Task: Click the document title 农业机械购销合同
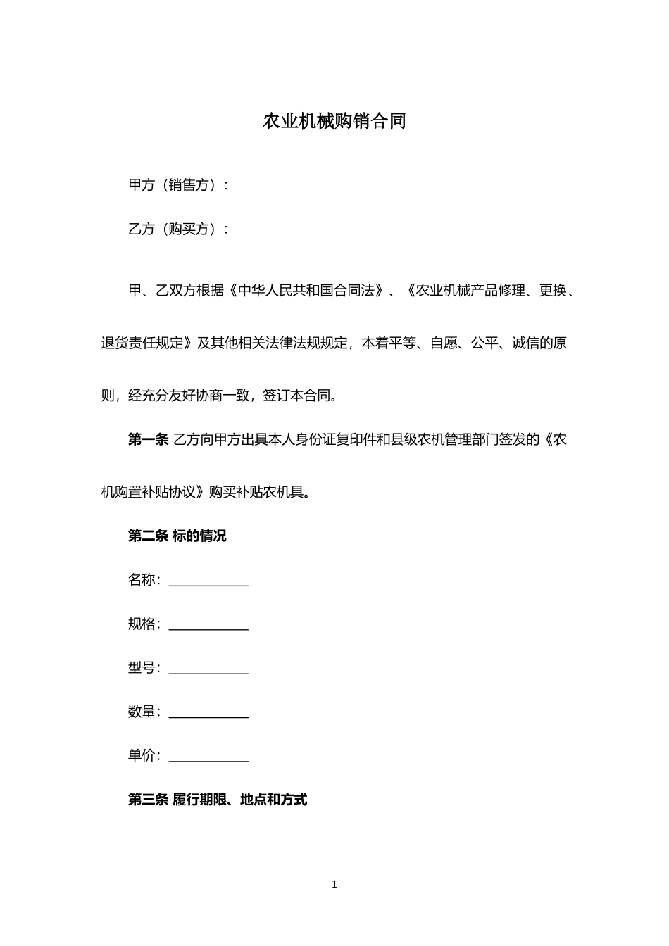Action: tap(334, 121)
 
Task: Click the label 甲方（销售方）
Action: tap(178, 185)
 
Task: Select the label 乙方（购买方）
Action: tap(178, 229)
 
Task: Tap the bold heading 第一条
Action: tap(148, 440)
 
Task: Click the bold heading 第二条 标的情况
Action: tap(177, 536)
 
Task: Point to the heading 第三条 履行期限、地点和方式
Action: tap(218, 800)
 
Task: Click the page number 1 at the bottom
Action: tap(334, 885)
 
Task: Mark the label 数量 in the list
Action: tap(142, 712)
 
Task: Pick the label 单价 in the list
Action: tap(142, 756)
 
